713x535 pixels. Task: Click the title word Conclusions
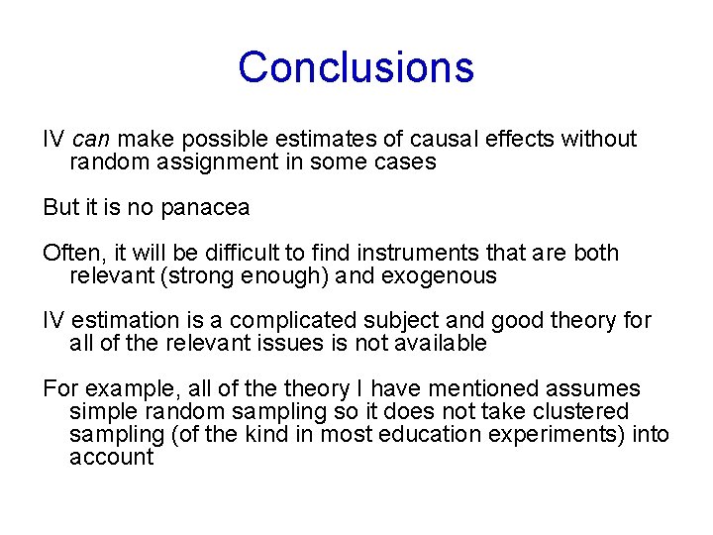pyautogui.click(x=356, y=67)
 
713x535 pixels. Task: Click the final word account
pyautogui.click(x=111, y=458)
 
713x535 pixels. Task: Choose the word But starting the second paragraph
pyautogui.click(x=59, y=208)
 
